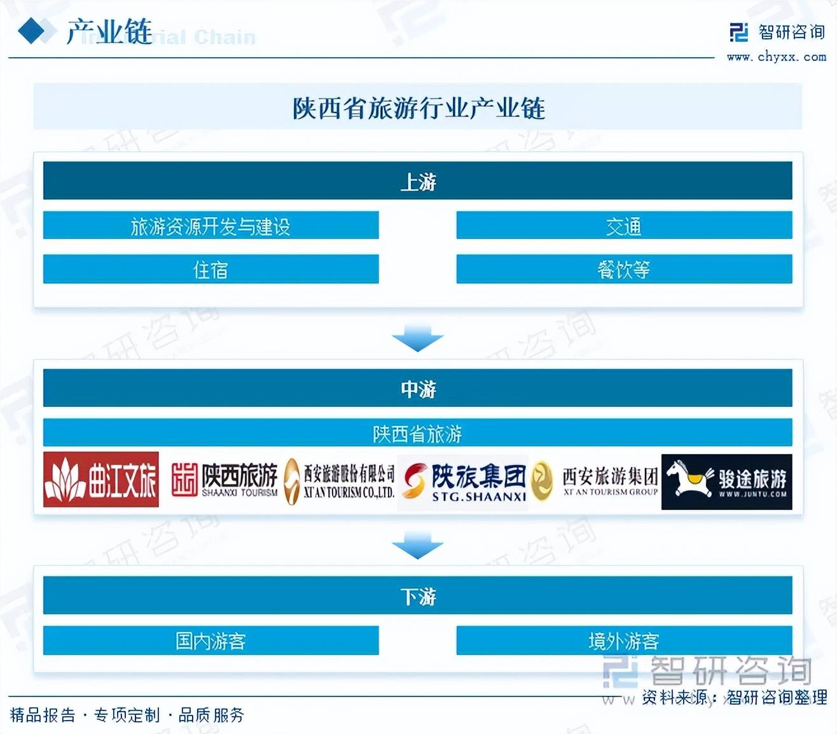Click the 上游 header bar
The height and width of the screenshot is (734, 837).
point(417,181)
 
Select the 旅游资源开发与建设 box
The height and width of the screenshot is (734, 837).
point(211,225)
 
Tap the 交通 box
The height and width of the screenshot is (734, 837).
point(624,225)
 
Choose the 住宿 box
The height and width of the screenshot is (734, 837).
point(211,269)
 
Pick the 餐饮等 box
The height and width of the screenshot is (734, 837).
point(624,269)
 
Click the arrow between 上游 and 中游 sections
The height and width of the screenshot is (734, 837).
point(417,337)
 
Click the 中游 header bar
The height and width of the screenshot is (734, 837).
point(417,388)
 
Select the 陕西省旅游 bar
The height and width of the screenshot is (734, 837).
point(417,433)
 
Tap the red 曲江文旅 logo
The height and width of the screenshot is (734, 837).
point(100,480)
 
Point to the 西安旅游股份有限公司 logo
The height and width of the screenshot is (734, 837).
point(340,481)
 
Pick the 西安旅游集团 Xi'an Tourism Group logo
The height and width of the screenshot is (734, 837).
point(595,481)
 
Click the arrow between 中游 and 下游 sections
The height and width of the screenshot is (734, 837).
point(417,546)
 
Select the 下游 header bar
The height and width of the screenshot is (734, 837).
point(417,595)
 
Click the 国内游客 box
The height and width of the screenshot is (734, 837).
point(211,641)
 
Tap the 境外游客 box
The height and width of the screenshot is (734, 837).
point(624,641)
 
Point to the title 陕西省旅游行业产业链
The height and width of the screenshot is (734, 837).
point(418,108)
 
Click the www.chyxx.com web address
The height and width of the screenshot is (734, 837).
point(777,57)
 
